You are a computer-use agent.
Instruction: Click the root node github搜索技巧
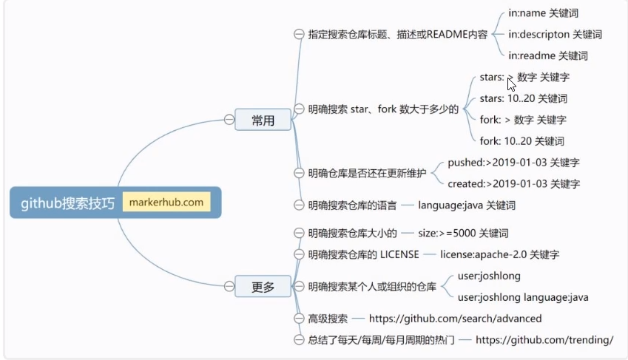(x=67, y=203)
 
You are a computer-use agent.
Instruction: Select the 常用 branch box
(x=263, y=120)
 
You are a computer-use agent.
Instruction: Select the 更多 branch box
(x=263, y=286)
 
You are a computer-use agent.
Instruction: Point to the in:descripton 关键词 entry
(x=555, y=34)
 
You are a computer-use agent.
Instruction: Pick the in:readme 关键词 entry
(x=547, y=55)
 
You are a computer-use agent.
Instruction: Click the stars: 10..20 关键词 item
(x=523, y=98)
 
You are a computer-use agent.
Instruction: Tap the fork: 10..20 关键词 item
(x=521, y=140)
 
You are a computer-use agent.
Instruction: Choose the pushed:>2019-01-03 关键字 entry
(x=513, y=163)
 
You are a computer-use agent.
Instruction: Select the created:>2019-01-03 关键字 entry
(x=513, y=183)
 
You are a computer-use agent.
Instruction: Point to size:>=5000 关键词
(x=463, y=234)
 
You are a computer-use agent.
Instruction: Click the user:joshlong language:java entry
(x=523, y=297)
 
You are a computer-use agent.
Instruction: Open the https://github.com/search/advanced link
(x=455, y=319)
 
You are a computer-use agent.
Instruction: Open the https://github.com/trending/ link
(x=544, y=340)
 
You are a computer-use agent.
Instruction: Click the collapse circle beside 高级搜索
(x=299, y=319)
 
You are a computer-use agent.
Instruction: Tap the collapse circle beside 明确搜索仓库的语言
(x=299, y=205)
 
